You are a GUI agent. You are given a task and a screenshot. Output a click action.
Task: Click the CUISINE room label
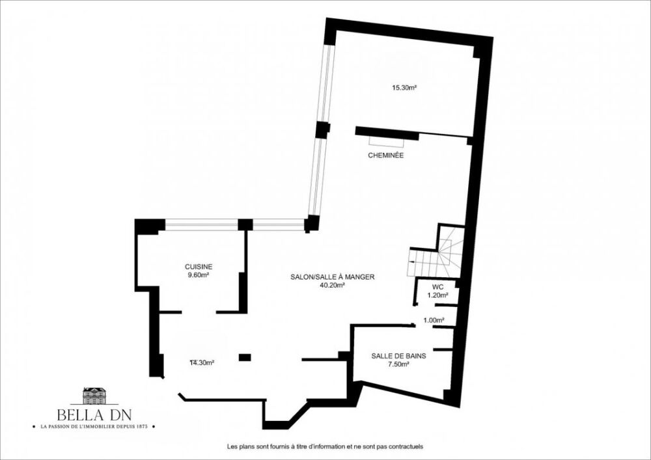click(199, 267)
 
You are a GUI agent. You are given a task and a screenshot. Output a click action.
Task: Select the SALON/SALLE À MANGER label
click(333, 277)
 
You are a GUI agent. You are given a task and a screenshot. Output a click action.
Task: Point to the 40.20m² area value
click(332, 285)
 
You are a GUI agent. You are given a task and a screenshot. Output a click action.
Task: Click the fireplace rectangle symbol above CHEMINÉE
click(387, 140)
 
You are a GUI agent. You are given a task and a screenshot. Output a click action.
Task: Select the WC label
click(438, 287)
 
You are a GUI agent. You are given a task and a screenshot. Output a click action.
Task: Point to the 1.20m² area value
click(437, 295)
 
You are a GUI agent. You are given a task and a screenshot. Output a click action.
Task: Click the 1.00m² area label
click(434, 320)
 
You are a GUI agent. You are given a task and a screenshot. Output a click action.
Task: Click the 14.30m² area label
click(202, 362)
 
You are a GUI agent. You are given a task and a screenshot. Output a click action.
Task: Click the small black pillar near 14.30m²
click(245, 357)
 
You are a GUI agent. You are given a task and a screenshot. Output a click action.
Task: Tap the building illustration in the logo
click(94, 396)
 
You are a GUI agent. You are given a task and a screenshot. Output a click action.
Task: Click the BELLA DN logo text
click(94, 414)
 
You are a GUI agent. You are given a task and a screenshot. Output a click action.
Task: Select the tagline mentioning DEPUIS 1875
click(94, 427)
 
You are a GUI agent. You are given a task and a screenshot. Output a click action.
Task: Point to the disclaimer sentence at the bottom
click(325, 447)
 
